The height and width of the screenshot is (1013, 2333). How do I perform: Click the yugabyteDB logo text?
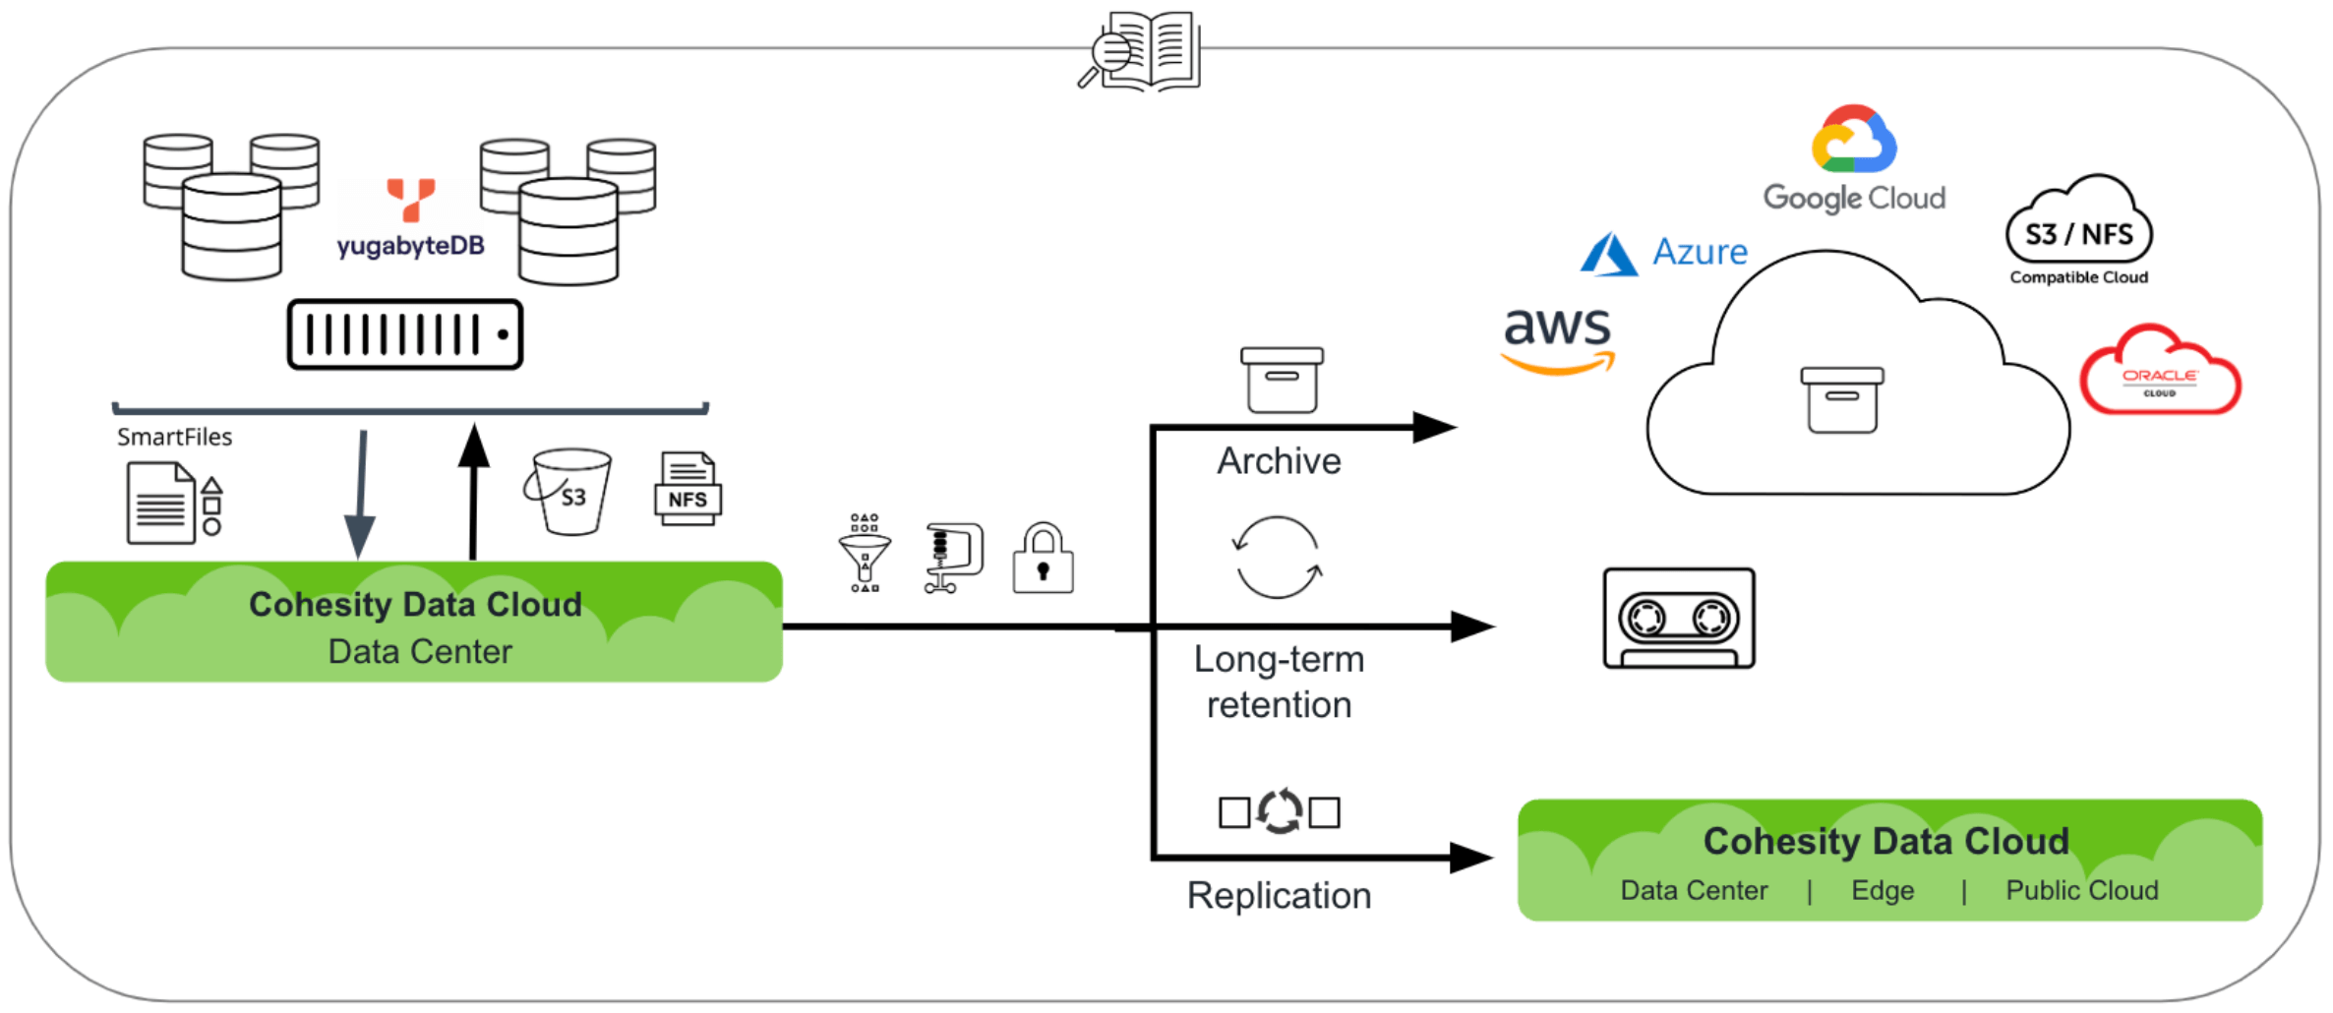410,245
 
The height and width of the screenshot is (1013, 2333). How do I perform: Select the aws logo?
1558,337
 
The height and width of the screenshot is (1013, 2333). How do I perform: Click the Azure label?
1699,253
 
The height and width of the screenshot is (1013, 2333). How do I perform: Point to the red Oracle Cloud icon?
2160,373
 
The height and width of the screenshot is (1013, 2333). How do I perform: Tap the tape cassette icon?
1678,619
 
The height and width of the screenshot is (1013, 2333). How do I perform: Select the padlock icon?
1043,560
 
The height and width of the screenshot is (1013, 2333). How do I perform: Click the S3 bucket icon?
569,492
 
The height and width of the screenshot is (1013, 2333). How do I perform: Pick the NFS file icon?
688,490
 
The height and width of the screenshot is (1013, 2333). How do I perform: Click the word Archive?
1279,461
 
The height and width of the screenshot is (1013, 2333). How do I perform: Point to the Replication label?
1279,896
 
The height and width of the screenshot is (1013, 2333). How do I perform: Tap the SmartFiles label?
174,438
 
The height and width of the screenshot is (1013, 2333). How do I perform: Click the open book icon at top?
1141,51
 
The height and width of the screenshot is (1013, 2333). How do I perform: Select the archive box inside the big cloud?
1841,399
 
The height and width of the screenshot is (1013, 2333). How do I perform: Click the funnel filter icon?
865,554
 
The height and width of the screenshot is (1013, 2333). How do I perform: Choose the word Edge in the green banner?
1883,891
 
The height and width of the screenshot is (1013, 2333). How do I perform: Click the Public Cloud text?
2082,891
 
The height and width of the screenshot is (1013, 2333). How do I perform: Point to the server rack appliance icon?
404,334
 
